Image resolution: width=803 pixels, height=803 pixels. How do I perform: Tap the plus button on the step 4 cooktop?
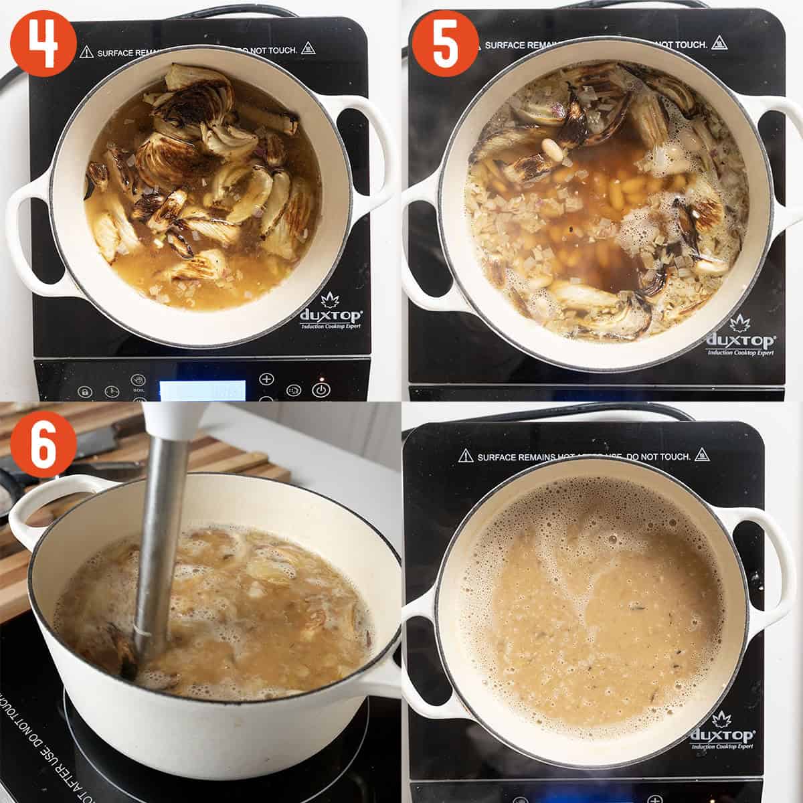click(x=266, y=379)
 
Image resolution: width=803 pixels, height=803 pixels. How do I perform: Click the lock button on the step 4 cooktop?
click(x=84, y=391)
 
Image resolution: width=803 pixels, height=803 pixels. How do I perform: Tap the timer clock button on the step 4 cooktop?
click(x=111, y=391)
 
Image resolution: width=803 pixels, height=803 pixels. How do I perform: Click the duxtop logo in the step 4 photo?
click(x=331, y=316)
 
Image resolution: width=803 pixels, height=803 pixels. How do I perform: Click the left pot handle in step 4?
click(x=30, y=231)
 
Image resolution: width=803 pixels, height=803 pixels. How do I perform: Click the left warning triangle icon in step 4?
click(x=86, y=52)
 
